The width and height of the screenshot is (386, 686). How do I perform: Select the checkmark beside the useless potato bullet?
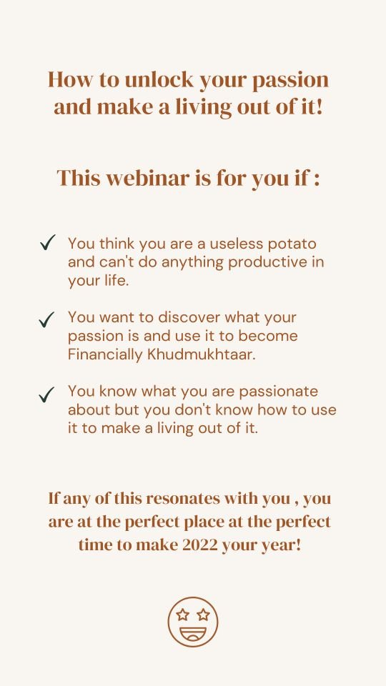[47, 242]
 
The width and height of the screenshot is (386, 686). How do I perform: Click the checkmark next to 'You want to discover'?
[46, 319]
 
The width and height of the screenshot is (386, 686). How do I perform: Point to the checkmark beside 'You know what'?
[46, 394]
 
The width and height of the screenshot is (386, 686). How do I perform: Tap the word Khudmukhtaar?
[201, 354]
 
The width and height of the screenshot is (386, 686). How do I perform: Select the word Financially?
[106, 355]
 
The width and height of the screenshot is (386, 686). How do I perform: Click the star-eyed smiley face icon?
[193, 622]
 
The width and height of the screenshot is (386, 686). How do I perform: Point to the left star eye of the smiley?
[182, 615]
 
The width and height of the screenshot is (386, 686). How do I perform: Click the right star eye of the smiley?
[203, 615]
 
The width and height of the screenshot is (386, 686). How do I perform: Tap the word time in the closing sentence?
[94, 545]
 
